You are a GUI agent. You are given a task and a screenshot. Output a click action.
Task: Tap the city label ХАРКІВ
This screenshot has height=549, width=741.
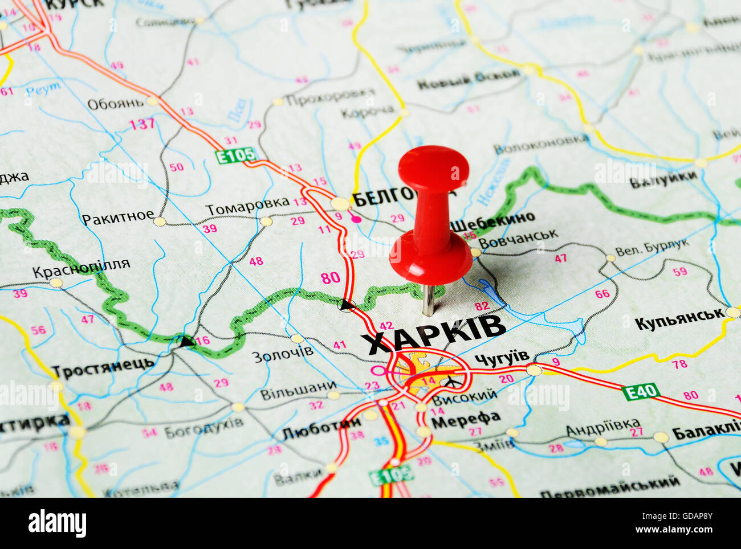pyautogui.click(x=433, y=334)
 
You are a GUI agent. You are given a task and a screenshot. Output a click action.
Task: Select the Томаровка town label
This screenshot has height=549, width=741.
pyautogui.click(x=247, y=206)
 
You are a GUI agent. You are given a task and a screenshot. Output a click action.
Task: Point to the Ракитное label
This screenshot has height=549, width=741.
pyautogui.click(x=118, y=218)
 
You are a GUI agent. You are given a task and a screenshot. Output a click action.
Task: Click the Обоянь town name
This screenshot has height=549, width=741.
pyautogui.click(x=115, y=104)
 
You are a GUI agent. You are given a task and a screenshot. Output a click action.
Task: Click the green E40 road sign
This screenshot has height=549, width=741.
pyautogui.click(x=641, y=392)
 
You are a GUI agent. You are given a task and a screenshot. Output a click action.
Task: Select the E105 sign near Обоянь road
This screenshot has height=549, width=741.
pyautogui.click(x=236, y=155)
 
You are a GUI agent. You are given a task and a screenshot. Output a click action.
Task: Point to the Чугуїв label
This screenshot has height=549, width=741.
pyautogui.click(x=502, y=357)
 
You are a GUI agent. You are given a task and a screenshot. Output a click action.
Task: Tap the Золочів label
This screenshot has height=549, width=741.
pyautogui.click(x=283, y=354)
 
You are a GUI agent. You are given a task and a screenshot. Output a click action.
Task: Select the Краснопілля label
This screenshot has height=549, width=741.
pyautogui.click(x=81, y=268)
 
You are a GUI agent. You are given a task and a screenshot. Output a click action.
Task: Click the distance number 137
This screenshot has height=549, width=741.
pyautogui.click(x=142, y=124)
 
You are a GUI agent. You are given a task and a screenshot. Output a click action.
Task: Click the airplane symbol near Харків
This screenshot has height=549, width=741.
pyautogui.click(x=451, y=381)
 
